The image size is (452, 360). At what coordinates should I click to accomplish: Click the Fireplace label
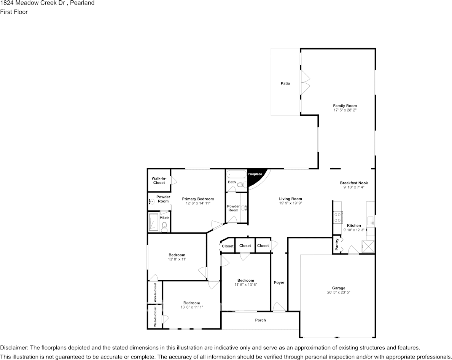tap(255, 174)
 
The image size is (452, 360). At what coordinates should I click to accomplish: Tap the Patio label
tap(285, 83)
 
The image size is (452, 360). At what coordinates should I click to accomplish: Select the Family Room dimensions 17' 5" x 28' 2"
tap(345, 110)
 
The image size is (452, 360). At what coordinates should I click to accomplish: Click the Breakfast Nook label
tap(354, 183)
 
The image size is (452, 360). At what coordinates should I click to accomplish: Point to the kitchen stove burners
tap(337, 217)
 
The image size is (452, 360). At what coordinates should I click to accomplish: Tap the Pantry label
tap(337, 244)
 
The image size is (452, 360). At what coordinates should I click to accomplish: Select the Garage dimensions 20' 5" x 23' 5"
tap(338, 292)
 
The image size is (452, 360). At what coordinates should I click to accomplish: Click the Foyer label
tap(279, 282)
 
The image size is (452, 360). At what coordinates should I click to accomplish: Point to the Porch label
tap(260, 320)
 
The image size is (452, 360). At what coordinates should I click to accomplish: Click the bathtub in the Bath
tap(236, 174)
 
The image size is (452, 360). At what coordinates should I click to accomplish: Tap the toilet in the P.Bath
tap(165, 227)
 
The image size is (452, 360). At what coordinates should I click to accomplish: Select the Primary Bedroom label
tap(198, 199)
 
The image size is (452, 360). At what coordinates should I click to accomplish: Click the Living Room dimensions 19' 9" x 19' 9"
tap(290, 203)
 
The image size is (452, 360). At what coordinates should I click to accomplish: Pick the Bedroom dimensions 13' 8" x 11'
tap(177, 259)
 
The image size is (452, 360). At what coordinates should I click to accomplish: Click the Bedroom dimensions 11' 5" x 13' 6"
tap(246, 285)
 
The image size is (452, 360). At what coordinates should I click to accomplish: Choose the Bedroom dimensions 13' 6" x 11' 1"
tap(192, 307)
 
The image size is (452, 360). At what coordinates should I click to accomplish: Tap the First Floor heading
tap(14, 12)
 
